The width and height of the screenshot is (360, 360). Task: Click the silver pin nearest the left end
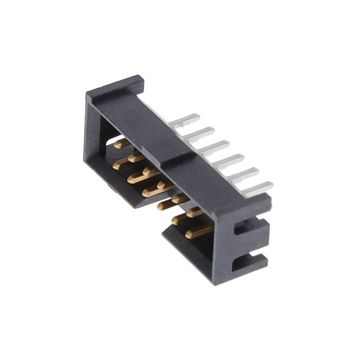[186, 120]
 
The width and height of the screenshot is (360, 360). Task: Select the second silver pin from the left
[200, 134]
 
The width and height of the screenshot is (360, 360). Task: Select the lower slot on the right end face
[247, 260]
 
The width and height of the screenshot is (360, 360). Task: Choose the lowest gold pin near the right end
[200, 231]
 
